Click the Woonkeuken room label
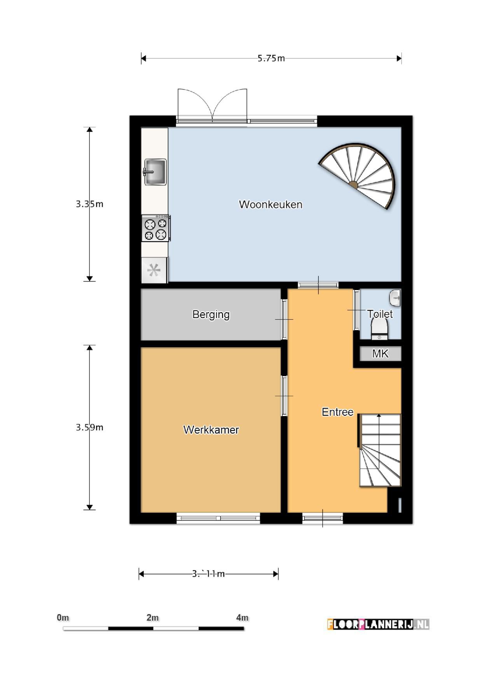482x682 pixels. (x=271, y=205)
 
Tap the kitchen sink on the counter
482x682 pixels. (x=155, y=172)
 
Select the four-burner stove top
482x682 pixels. (x=155, y=229)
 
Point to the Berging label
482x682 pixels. (x=211, y=314)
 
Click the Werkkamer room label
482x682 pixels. (x=211, y=430)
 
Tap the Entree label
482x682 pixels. (x=337, y=412)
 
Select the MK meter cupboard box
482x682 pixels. (x=380, y=353)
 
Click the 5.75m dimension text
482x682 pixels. (x=271, y=58)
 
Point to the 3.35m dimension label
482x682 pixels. (x=89, y=204)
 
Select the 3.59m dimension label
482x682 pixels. (x=89, y=427)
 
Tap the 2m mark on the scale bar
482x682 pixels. (x=153, y=617)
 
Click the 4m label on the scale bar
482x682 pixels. (x=242, y=617)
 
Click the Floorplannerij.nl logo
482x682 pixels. (x=378, y=624)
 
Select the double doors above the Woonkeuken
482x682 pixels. (x=212, y=104)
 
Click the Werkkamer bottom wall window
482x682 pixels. (x=218, y=518)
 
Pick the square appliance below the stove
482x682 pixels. (x=154, y=270)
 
